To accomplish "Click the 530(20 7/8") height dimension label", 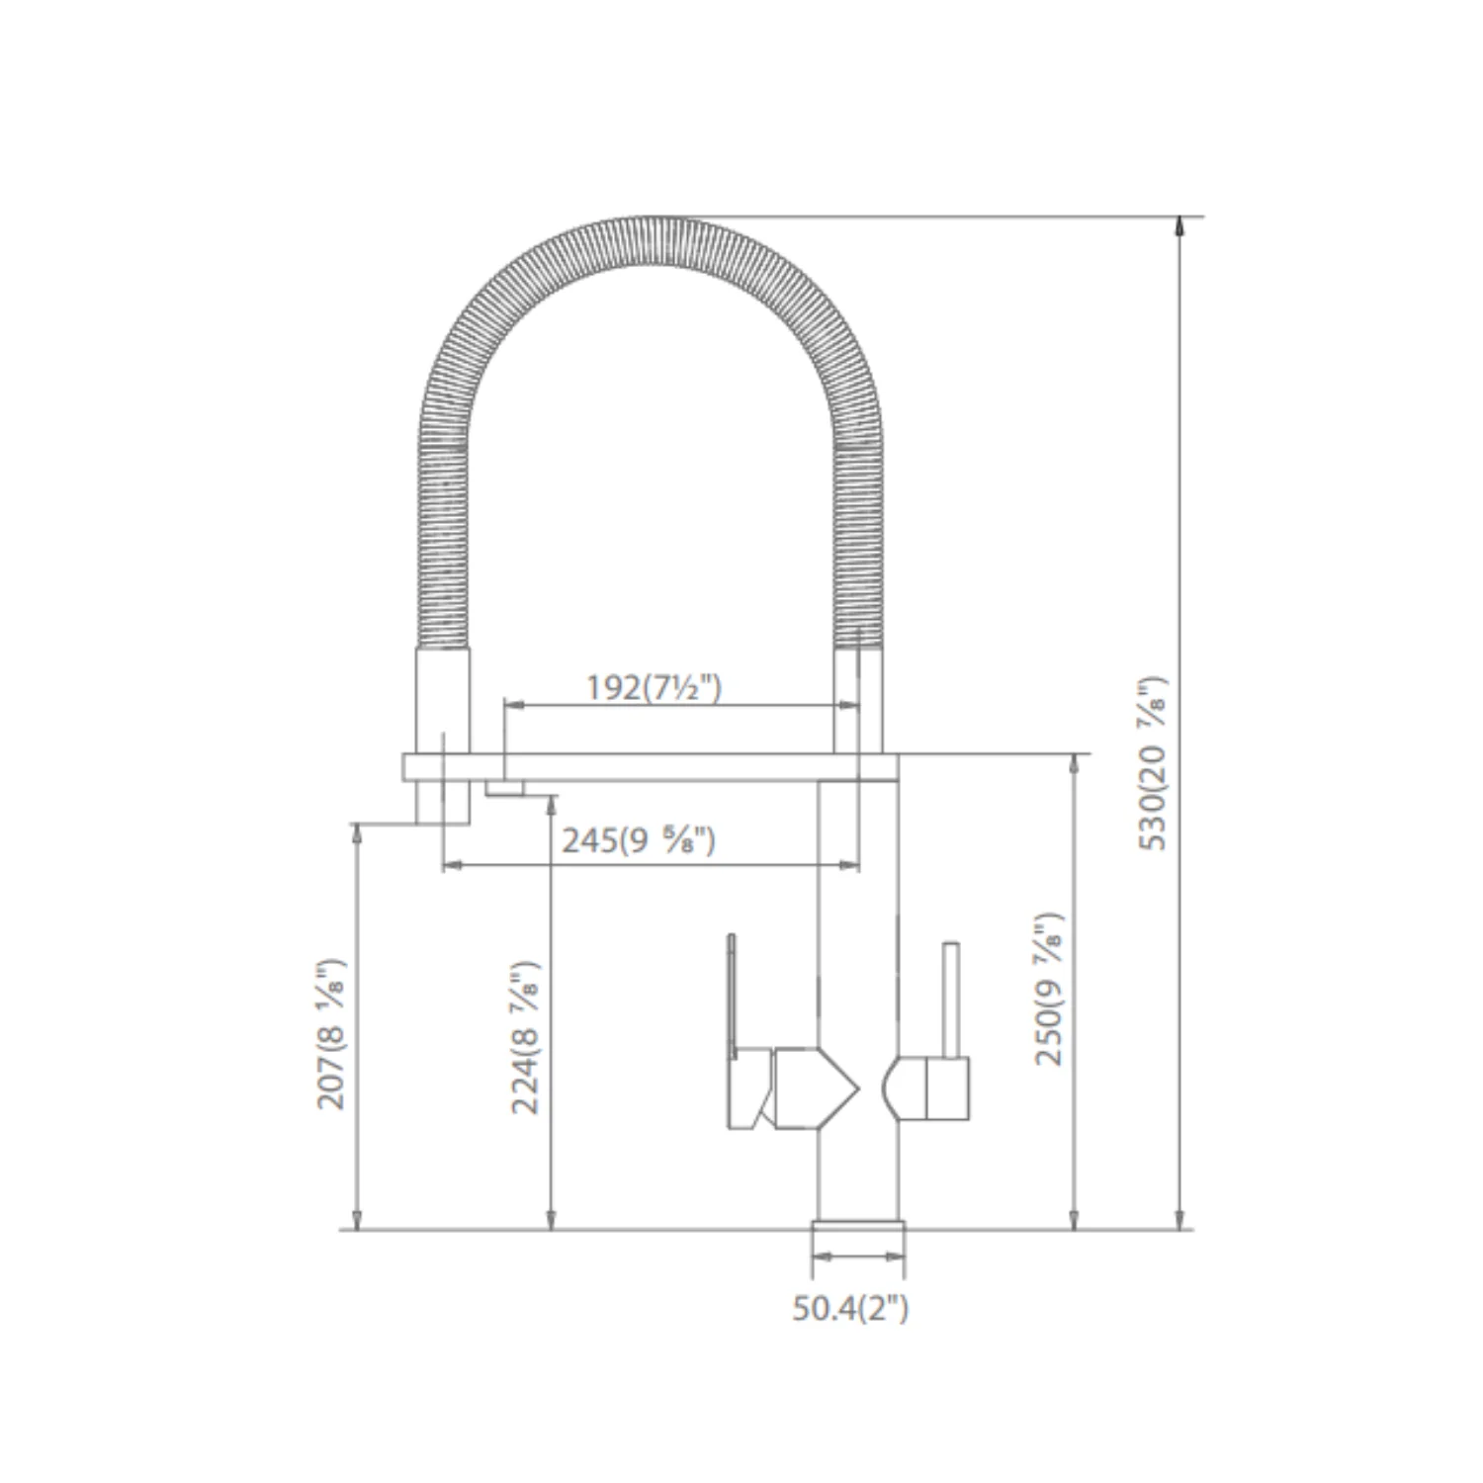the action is (1153, 762).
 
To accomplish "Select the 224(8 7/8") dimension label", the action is (526, 1037).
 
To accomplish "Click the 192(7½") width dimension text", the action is (654, 687).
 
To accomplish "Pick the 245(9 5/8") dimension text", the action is (639, 840).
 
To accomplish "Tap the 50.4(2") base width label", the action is (850, 1308).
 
